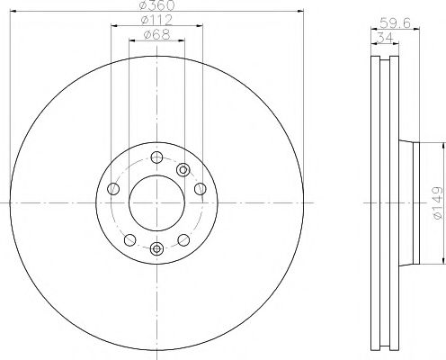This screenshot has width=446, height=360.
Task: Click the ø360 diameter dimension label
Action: [156, 6]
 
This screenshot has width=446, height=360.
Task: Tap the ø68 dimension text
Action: [156, 36]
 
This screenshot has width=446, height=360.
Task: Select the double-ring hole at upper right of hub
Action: [183, 168]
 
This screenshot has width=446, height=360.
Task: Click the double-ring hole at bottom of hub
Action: [156, 248]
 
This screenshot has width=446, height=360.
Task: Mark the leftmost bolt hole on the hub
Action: [112, 189]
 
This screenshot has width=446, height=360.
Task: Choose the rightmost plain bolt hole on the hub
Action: [199, 189]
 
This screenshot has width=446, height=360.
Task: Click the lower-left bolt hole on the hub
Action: [129, 238]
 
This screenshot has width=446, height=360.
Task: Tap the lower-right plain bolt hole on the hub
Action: [183, 238]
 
